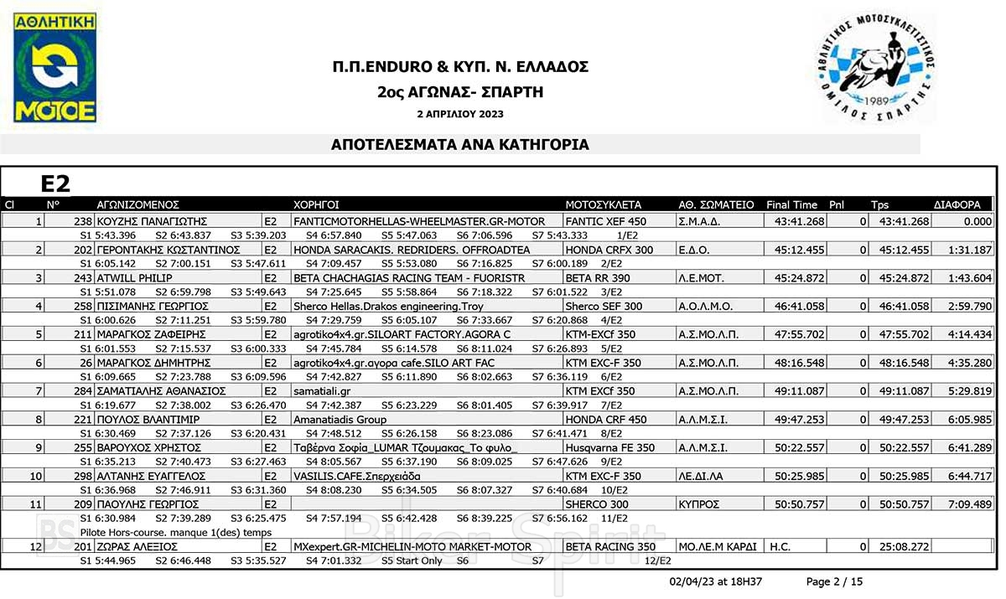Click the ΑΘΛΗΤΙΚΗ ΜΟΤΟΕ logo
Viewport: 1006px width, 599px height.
click(x=54, y=69)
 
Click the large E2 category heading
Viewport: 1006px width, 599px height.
click(x=55, y=184)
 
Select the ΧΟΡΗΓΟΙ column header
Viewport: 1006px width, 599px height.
click(x=316, y=204)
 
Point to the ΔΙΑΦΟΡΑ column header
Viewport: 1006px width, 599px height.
click(x=957, y=204)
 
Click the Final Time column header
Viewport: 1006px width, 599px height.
click(x=791, y=204)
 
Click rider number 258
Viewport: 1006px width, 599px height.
click(x=83, y=307)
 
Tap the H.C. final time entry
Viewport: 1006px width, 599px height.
click(x=780, y=547)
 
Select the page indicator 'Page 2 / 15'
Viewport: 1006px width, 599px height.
click(x=833, y=581)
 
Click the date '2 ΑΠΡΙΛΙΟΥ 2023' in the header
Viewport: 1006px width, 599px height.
click(x=460, y=114)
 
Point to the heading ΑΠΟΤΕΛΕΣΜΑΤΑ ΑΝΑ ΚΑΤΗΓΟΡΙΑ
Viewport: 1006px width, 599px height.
click(x=460, y=145)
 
